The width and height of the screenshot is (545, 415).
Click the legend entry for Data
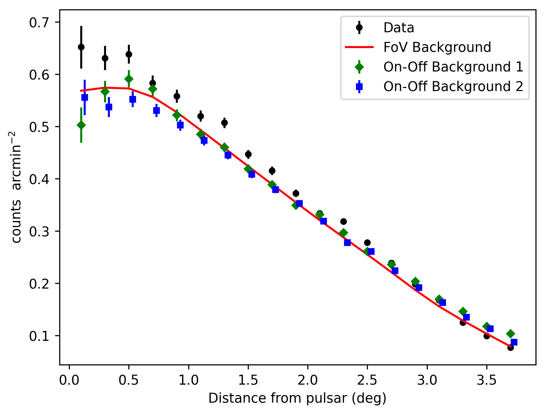[x=399, y=28]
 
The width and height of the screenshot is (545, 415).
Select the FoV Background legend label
[x=437, y=47]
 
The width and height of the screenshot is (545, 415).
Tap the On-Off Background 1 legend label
[x=453, y=67]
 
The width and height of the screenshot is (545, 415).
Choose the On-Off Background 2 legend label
[x=453, y=86]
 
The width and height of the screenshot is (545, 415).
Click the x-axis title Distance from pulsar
[x=297, y=398]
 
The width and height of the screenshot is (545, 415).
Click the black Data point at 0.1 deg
[x=81, y=47]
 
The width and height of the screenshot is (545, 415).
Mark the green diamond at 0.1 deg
[x=81, y=125]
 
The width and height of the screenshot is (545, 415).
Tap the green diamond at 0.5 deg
[x=129, y=79]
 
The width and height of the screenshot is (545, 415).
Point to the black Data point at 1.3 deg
[x=224, y=123]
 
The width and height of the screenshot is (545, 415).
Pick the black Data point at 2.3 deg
[x=343, y=221]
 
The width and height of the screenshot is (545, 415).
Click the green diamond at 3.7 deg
[x=510, y=334]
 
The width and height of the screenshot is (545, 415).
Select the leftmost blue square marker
[x=85, y=97]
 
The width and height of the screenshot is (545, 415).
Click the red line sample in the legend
[x=359, y=47]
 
